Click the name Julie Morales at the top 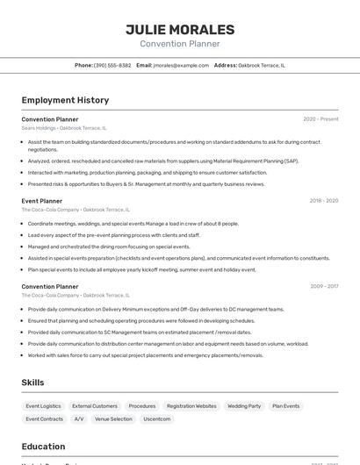click(180, 29)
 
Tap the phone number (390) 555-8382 click(112, 65)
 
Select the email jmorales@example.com click(181, 65)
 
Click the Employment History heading click(65, 100)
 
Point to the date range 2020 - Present click(320, 118)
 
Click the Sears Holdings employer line click(69, 127)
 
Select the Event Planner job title click(42, 201)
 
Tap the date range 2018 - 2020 click(323, 201)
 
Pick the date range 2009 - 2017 click(323, 286)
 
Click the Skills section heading click(33, 383)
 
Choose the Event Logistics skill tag click(43, 406)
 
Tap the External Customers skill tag click(95, 406)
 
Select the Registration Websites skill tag click(191, 406)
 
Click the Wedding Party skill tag click(244, 406)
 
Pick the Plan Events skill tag click(285, 406)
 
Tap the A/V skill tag click(79, 419)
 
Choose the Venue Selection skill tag click(113, 419)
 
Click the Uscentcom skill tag click(157, 419)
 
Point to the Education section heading click(43, 447)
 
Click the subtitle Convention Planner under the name click(180, 44)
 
